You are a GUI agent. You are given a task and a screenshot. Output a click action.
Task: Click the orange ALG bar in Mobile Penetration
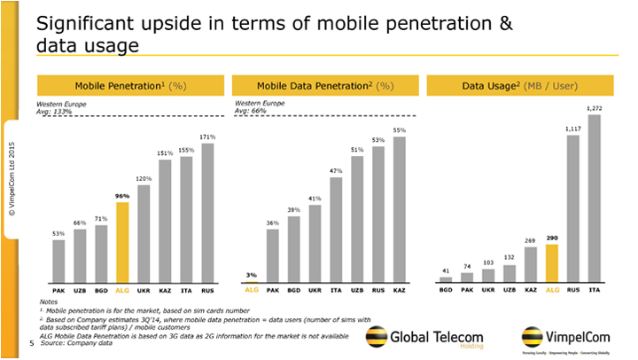click(122, 241)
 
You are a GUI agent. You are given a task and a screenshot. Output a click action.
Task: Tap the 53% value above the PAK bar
click(58, 233)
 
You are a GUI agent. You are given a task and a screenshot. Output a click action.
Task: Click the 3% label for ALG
click(251, 276)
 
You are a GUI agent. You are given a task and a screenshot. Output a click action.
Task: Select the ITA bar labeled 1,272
click(593, 197)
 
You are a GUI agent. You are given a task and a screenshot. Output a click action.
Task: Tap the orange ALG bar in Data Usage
click(550, 262)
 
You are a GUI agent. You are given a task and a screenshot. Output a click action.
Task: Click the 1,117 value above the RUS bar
click(572, 129)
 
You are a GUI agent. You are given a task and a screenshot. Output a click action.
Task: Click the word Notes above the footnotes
click(49, 302)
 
